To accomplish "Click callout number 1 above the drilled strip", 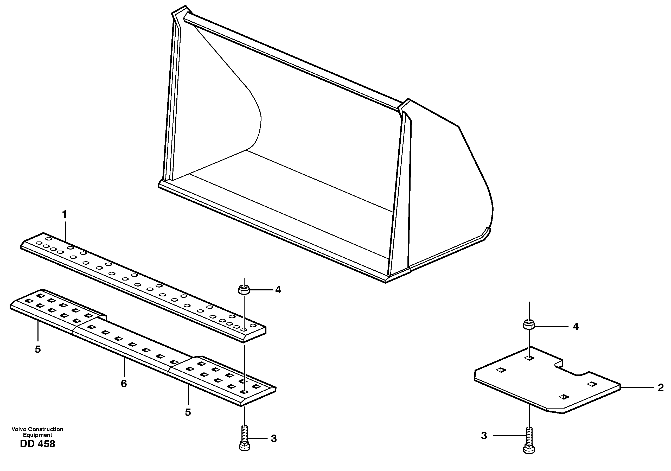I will click(x=64, y=215).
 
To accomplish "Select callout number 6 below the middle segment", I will click(x=124, y=384).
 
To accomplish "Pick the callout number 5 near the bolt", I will click(x=188, y=412).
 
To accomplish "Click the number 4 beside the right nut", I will click(x=576, y=327).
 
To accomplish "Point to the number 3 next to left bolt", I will click(x=273, y=438).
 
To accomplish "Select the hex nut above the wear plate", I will click(x=529, y=324).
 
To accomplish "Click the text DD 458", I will click(x=37, y=444).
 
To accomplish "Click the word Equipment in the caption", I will click(x=37, y=435).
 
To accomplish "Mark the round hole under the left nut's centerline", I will click(x=244, y=330).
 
